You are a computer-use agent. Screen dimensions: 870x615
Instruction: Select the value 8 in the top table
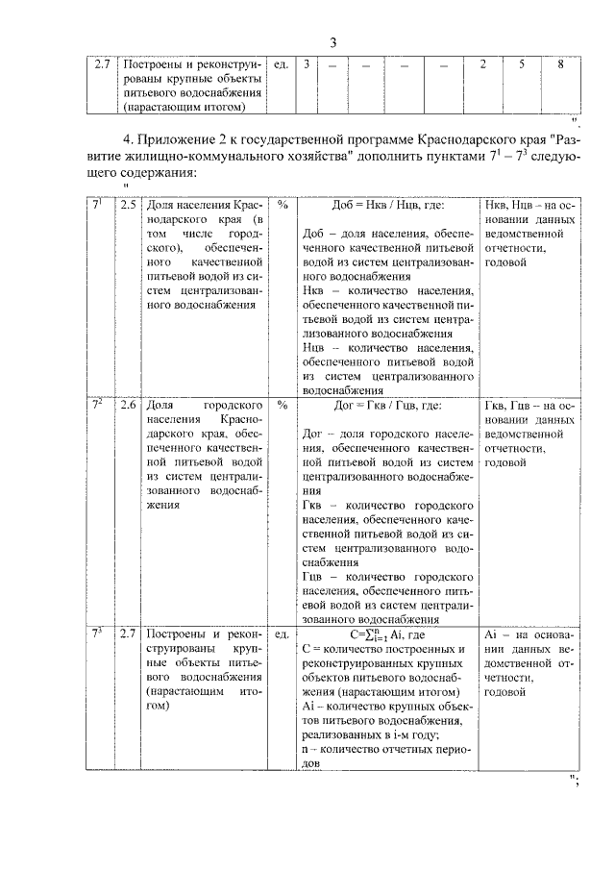click(x=560, y=64)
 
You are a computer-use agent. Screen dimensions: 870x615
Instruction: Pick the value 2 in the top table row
click(x=482, y=64)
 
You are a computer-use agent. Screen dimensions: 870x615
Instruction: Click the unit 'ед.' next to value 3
click(x=282, y=64)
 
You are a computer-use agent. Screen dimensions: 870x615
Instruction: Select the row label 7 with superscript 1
click(x=97, y=205)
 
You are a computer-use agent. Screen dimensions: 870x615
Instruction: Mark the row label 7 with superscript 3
click(x=97, y=633)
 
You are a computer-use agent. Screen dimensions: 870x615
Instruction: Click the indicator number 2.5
click(x=128, y=206)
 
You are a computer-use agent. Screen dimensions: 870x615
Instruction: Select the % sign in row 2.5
click(x=283, y=206)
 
